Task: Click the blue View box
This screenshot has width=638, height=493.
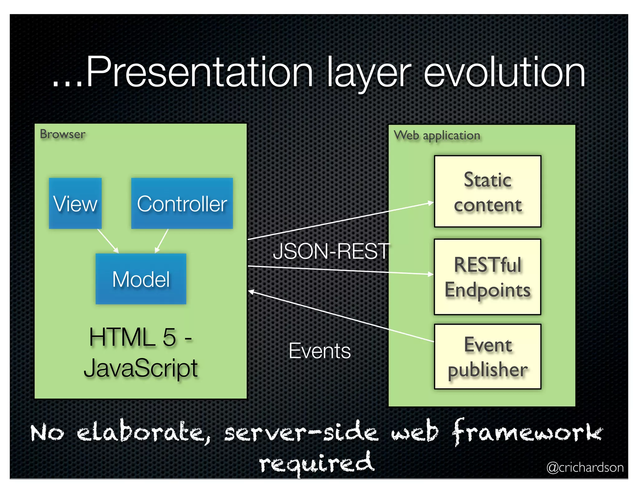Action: tap(75, 203)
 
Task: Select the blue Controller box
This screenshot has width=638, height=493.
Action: tap(182, 203)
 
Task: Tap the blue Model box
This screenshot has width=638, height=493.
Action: tap(141, 279)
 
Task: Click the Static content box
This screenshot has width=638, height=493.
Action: tap(488, 191)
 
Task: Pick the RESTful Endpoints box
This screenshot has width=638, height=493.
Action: tap(488, 277)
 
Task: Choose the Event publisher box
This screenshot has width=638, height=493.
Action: tap(488, 357)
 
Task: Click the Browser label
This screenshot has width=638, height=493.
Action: tap(62, 134)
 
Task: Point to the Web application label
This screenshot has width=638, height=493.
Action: tap(437, 136)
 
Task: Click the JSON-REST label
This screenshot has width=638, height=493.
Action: tap(331, 251)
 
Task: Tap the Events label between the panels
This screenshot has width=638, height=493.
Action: tap(320, 351)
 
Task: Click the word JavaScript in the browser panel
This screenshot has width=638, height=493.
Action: tap(141, 368)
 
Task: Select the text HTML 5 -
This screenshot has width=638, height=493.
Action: tap(140, 337)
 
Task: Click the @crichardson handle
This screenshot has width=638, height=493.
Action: tap(585, 467)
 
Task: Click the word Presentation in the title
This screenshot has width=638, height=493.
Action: tap(199, 72)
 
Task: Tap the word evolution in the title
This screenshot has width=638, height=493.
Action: tap(505, 72)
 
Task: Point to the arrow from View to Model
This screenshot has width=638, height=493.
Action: tap(108, 241)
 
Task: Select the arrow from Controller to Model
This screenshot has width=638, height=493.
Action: tap(162, 241)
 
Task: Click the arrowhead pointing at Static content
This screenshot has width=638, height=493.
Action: tap(431, 203)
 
